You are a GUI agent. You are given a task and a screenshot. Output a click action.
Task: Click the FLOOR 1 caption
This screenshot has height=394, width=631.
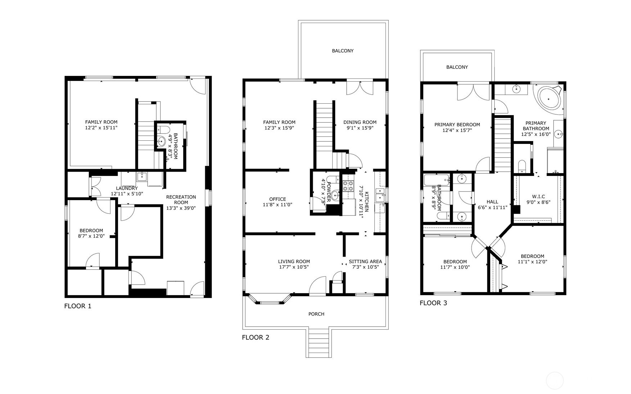click(x=78, y=306)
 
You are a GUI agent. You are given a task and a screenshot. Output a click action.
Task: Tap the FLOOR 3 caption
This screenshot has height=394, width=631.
click(x=433, y=303)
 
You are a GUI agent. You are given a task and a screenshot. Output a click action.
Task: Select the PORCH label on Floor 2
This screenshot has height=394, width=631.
click(x=316, y=314)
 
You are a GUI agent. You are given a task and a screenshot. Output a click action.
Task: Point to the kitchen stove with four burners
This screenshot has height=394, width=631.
click(x=348, y=186)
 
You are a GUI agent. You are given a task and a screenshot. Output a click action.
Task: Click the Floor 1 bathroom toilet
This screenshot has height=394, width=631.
click(x=164, y=130)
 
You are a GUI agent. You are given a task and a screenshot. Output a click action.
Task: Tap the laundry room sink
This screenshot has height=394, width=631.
click(x=142, y=176)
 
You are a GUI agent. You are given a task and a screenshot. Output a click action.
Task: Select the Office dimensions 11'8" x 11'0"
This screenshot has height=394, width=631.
click(x=277, y=205)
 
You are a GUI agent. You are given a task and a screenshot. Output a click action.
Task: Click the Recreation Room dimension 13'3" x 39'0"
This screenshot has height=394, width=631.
click(x=181, y=208)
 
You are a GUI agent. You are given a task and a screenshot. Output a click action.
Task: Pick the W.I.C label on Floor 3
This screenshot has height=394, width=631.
click(x=538, y=196)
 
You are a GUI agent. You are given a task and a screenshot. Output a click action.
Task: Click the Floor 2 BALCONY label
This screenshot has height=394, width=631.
click(x=342, y=51)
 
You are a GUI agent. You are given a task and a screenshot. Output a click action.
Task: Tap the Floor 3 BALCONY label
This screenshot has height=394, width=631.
click(x=457, y=67)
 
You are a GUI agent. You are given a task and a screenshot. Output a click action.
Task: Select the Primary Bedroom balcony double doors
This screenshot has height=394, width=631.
click(x=474, y=92)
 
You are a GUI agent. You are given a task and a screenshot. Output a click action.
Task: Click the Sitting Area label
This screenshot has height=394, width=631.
click(x=365, y=262)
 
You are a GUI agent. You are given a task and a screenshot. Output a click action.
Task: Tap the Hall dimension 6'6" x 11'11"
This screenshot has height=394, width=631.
click(x=492, y=208)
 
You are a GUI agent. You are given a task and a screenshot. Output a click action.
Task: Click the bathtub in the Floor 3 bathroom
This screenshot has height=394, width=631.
click(x=436, y=180)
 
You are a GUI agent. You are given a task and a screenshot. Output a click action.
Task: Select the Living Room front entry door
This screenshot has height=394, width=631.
click(x=317, y=286)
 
